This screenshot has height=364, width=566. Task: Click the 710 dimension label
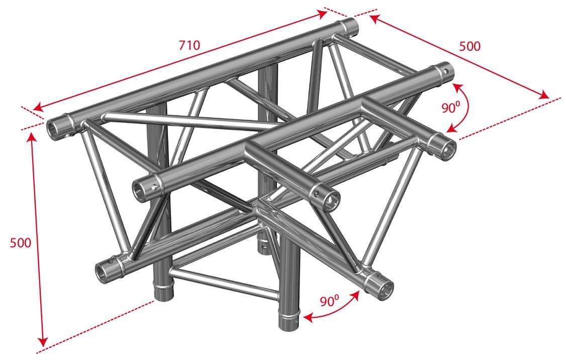click(190, 45)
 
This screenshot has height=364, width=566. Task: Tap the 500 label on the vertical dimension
click(21, 243)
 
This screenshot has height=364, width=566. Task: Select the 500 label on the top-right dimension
click(469, 46)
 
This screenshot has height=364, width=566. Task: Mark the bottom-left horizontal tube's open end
click(104, 272)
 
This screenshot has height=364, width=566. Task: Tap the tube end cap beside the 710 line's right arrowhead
click(350, 25)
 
